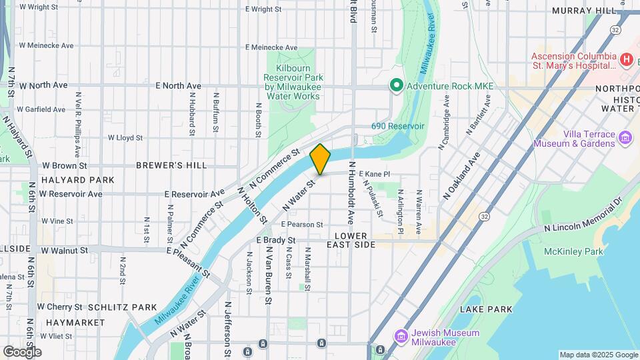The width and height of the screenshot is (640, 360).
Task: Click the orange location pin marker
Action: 320,159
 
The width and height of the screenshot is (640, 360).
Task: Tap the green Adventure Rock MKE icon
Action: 395,85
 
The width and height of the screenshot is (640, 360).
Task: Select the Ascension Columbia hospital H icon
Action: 625,60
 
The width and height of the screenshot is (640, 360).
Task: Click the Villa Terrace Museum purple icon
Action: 625,139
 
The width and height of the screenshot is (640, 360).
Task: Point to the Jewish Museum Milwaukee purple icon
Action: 401,336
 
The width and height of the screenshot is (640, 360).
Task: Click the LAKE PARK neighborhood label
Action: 486,309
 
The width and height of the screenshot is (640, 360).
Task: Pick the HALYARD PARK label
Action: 77,180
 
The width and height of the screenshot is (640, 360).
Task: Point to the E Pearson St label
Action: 301,225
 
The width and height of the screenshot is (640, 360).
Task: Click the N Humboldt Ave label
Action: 349,193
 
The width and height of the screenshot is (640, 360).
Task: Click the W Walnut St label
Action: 65,251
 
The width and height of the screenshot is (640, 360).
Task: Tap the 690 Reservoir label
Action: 398,126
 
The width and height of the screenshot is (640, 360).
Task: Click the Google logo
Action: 22,352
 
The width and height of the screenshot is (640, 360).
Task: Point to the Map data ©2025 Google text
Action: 598,355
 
